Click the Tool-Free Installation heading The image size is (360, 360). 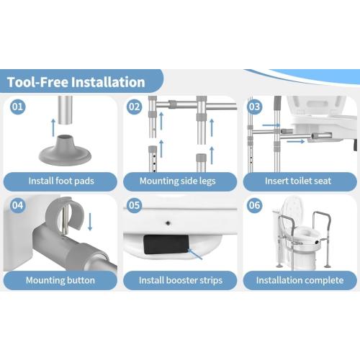(x=76, y=82)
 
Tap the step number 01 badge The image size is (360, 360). (x=17, y=107)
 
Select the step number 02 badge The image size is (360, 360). (x=134, y=107)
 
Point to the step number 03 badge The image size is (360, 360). (x=254, y=107)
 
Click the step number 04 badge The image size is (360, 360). (x=17, y=205)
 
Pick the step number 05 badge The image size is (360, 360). (x=134, y=205)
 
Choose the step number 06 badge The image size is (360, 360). (x=254, y=205)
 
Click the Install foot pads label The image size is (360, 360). (x=61, y=181)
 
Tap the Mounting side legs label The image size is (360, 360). (x=178, y=181)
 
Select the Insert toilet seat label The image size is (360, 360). (x=298, y=181)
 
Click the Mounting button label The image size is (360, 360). (x=60, y=280)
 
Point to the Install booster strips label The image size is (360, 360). (x=181, y=280)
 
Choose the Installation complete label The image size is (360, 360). (x=300, y=280)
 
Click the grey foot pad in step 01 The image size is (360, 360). (x=65, y=151)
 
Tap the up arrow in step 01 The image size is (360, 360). (x=53, y=127)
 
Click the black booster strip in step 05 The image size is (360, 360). (x=166, y=244)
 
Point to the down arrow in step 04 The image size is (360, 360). (x=90, y=222)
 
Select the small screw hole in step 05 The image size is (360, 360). (x=168, y=223)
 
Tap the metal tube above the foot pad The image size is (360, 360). (x=65, y=110)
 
